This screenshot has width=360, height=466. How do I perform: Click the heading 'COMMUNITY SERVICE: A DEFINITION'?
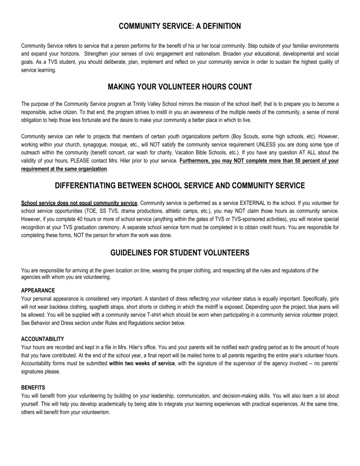(180, 26)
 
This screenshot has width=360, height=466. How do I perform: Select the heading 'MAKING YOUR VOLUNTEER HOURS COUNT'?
(180, 87)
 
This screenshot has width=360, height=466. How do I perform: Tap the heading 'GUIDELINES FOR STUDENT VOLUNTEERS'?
(180, 253)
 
